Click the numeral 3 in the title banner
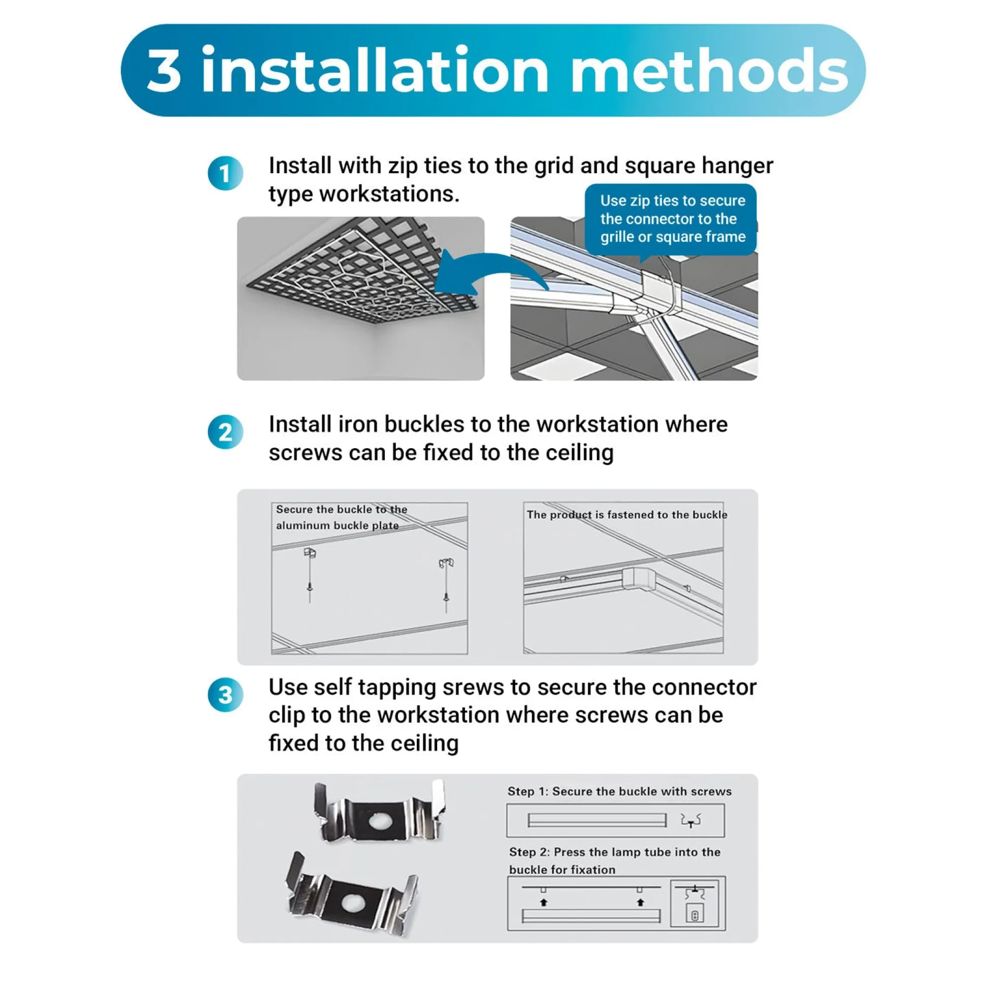(x=164, y=70)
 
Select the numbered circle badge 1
(x=225, y=174)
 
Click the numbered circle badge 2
(x=225, y=432)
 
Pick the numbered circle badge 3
(x=225, y=695)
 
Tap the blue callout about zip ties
(x=671, y=220)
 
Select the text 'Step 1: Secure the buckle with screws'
(x=619, y=791)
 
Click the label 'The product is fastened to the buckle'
(x=627, y=514)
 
